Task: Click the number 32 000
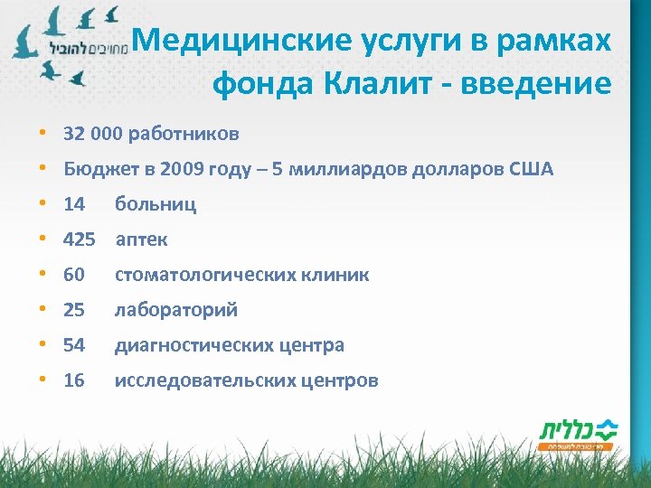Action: (x=93, y=135)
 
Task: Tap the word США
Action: (x=532, y=169)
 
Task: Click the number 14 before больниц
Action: (x=74, y=204)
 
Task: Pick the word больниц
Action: (x=155, y=204)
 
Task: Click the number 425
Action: (x=79, y=239)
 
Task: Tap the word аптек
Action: (x=141, y=239)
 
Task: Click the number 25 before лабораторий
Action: (x=74, y=310)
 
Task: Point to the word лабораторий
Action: (x=175, y=310)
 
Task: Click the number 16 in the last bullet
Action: (x=74, y=380)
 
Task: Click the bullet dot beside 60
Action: (x=42, y=275)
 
